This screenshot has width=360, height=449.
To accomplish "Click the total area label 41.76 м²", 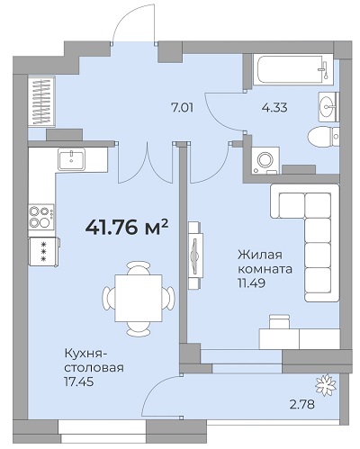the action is [126, 228].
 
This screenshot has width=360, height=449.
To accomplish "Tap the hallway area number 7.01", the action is [182, 107].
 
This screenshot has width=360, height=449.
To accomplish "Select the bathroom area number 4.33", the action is [274, 107].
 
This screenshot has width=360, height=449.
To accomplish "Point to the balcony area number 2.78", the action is [302, 404].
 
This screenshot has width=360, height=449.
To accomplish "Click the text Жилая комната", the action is [265, 262].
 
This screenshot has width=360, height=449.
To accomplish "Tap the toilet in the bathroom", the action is [323, 137].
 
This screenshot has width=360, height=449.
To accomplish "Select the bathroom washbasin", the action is [328, 106].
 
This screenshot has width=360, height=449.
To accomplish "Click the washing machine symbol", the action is [265, 160].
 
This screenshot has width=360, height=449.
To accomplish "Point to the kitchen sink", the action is [71, 159].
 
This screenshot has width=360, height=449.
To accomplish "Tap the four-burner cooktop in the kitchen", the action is [41, 217].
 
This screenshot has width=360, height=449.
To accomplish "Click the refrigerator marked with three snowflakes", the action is [44, 251].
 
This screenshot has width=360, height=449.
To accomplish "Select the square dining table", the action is [139, 298].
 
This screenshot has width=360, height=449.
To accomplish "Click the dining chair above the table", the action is [139, 268].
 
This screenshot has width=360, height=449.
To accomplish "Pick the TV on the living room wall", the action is [194, 256].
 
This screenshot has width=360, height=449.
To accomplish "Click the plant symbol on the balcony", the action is [326, 384].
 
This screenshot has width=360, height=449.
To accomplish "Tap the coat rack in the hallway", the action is [41, 101].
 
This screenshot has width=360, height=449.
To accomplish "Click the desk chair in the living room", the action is [279, 321].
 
